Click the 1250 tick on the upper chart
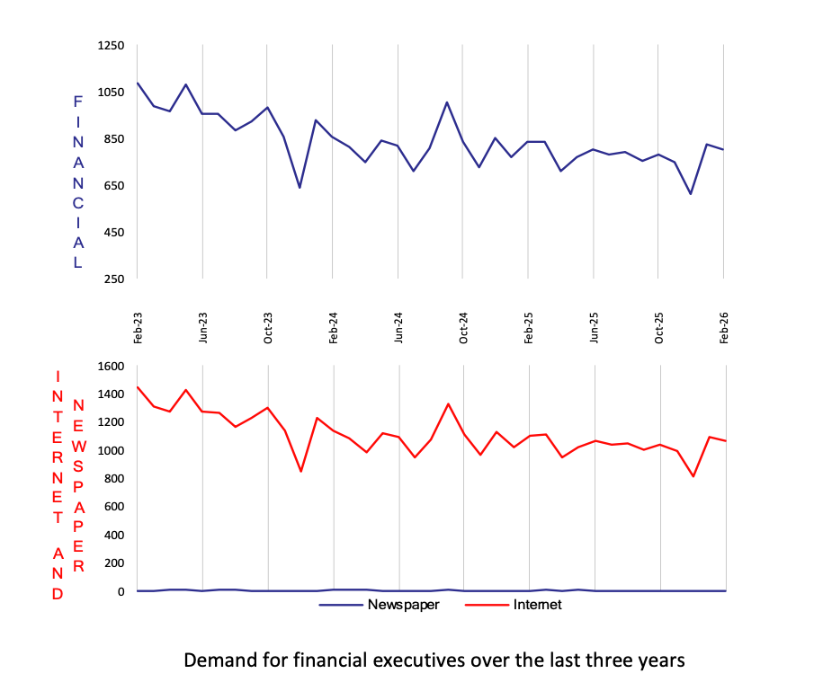tap(112, 46)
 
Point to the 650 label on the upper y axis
tap(114, 186)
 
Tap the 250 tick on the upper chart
tap(114, 279)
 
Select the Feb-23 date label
tap(138, 328)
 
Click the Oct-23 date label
tap(268, 328)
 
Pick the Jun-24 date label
tap(398, 328)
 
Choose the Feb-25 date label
tap(529, 328)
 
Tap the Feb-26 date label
tap(724, 328)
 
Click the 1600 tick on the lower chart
tap(112, 366)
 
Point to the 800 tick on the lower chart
tap(114, 479)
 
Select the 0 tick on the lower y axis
tap(121, 591)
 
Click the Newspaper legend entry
tap(380, 605)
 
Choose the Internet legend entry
tap(514, 605)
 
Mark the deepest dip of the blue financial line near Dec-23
tap(300, 187)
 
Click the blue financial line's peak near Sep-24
tap(447, 102)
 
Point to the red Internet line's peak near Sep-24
tap(448, 404)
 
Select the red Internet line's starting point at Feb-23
tap(138, 386)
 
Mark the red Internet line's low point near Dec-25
tap(693, 476)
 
